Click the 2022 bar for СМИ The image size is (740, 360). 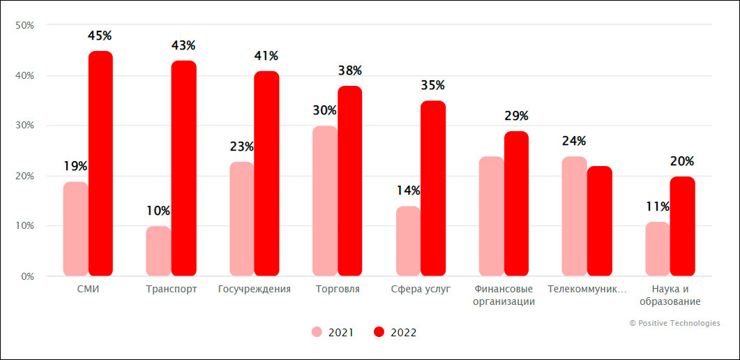pos(100,163)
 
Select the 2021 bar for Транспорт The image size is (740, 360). pos(158,250)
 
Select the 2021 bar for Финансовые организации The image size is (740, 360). pos(492,216)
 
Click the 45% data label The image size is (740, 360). pos(100,36)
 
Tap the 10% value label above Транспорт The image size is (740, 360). pos(158,211)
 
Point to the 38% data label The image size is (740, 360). pos(350,70)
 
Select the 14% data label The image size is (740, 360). pos(408,190)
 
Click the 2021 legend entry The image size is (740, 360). pos(333,333)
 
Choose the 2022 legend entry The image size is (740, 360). pos(395,333)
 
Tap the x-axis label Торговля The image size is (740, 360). pos(338,289)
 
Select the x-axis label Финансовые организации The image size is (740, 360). pos(504,295)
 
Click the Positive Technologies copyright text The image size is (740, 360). pos(674,323)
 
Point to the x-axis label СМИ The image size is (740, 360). pos(88,289)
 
